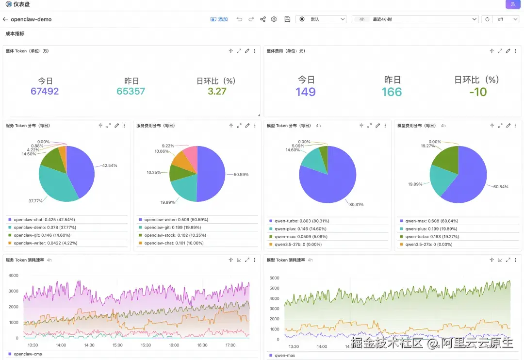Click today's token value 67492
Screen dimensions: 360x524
[x=45, y=91]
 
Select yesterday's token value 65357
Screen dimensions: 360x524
[x=131, y=91]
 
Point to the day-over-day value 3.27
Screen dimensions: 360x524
[x=217, y=91]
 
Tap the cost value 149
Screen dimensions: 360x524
[x=306, y=92]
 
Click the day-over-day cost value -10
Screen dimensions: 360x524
[x=478, y=92]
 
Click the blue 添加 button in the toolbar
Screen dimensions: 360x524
[x=219, y=19]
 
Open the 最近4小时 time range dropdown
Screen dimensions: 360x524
[x=415, y=19]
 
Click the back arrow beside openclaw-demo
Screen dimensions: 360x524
[x=5, y=19]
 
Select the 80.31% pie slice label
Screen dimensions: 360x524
[x=357, y=204]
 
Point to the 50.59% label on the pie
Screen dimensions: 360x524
[x=241, y=174]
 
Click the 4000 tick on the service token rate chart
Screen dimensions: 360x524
[x=14, y=276]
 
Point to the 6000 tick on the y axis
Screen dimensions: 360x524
[x=275, y=278]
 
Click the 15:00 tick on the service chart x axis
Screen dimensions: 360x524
[x=117, y=345]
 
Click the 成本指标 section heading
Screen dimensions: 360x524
[x=15, y=34]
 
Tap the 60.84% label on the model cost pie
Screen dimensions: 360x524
[x=501, y=186]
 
